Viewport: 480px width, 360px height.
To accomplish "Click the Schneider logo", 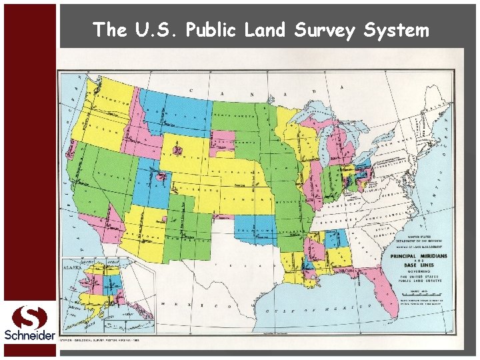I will (29, 323).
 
